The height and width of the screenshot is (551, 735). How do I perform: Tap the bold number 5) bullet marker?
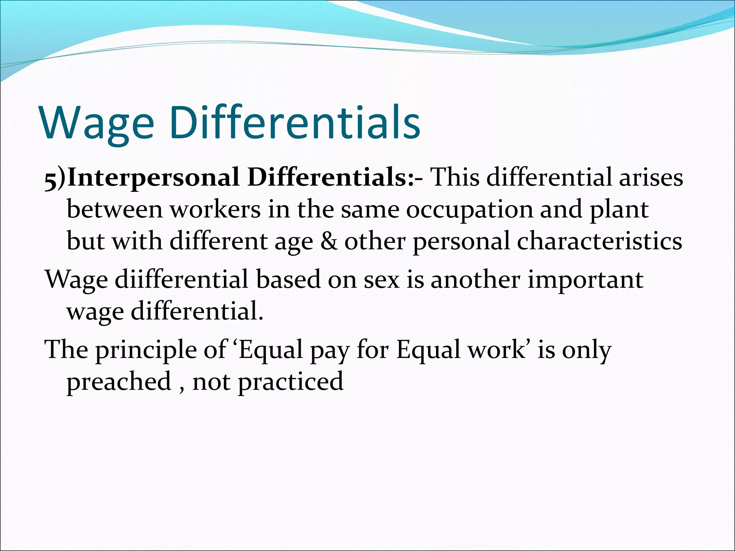[x=55, y=178]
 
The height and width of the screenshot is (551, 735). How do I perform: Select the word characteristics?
[x=599, y=241]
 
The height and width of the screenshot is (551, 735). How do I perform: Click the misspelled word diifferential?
[x=182, y=280]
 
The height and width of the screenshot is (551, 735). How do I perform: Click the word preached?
[x=119, y=382]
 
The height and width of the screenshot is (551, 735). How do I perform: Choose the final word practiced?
[x=291, y=382]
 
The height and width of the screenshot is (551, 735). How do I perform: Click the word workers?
[x=215, y=210]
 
